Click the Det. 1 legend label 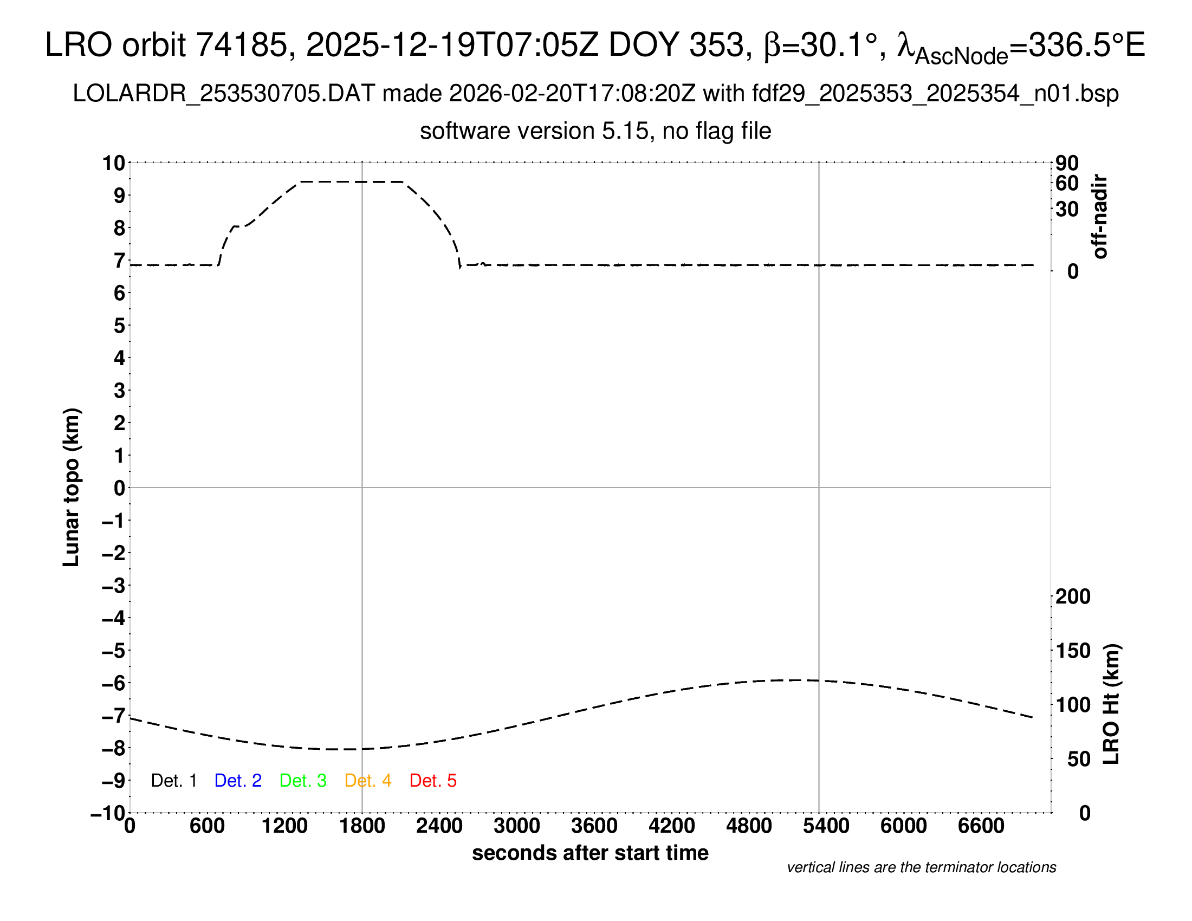[173, 781]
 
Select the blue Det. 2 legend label [238, 781]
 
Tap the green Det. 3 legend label [303, 781]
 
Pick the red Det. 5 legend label [433, 781]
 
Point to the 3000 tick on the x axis [517, 826]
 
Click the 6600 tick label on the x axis [981, 826]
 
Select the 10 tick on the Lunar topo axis [114, 163]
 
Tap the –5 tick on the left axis [113, 651]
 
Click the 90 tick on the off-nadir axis [1067, 163]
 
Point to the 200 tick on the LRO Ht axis [1073, 597]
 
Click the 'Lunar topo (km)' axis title [72, 487]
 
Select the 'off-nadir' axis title [1100, 217]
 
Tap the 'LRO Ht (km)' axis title [1111, 704]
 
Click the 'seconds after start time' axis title [590, 853]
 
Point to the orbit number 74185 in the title [241, 45]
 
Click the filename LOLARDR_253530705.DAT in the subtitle [224, 94]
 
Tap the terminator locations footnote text [921, 867]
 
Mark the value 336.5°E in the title [1086, 45]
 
